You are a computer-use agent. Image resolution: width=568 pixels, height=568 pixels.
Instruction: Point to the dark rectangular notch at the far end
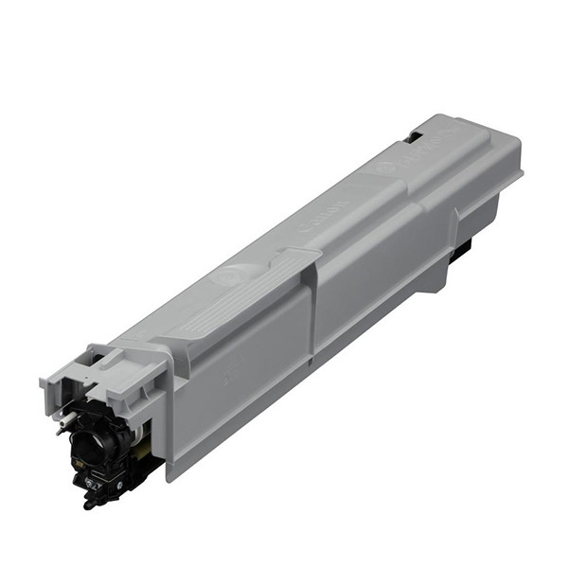coord(414,137)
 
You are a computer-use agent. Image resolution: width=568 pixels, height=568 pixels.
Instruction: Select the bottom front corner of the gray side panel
coord(170,473)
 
